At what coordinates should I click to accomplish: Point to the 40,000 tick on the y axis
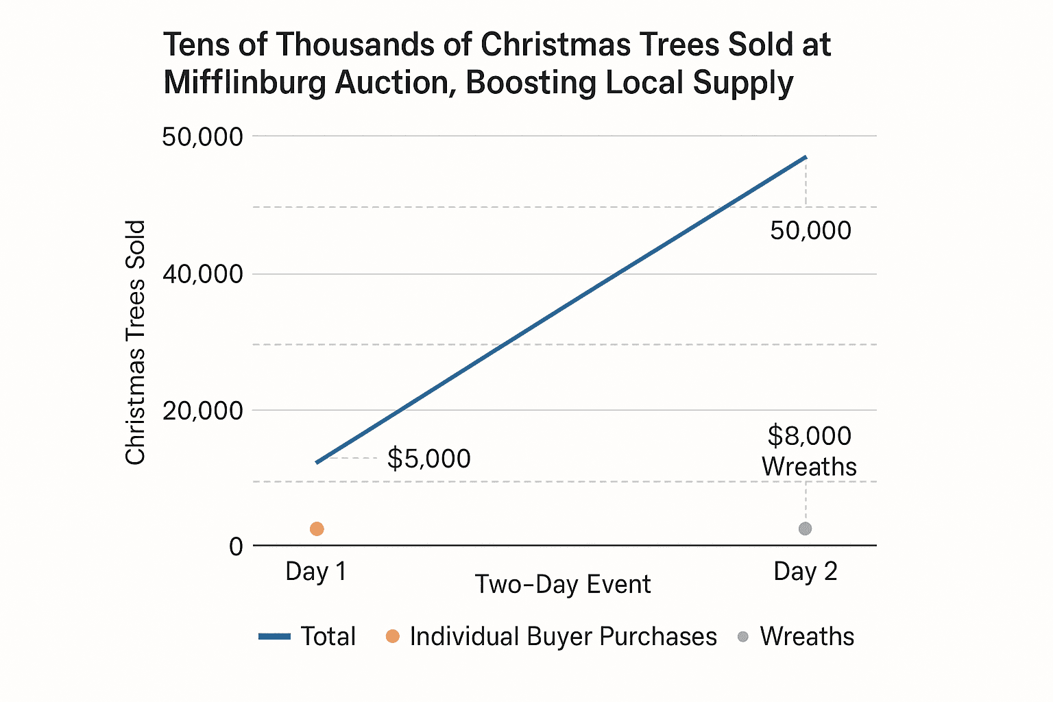(x=202, y=274)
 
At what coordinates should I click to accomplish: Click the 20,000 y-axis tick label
(x=202, y=411)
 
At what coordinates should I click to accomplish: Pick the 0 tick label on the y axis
(x=236, y=546)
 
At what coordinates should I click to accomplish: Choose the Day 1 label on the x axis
(x=316, y=571)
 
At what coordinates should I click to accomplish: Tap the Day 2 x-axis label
(x=806, y=571)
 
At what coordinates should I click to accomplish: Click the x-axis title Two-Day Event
(x=563, y=584)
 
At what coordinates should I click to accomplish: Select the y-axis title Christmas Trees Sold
(x=136, y=343)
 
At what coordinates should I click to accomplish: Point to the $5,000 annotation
(x=428, y=459)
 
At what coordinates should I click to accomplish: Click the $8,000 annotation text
(x=809, y=436)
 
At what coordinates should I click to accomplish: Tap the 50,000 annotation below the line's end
(x=810, y=230)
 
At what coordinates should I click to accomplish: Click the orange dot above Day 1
(x=317, y=529)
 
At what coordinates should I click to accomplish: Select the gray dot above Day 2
(x=806, y=529)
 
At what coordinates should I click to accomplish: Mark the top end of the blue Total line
(x=806, y=158)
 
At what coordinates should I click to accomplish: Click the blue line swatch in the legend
(x=275, y=637)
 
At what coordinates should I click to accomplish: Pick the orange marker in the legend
(x=393, y=637)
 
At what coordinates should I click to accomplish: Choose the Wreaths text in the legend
(x=807, y=637)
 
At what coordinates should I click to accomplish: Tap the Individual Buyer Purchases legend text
(x=563, y=637)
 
